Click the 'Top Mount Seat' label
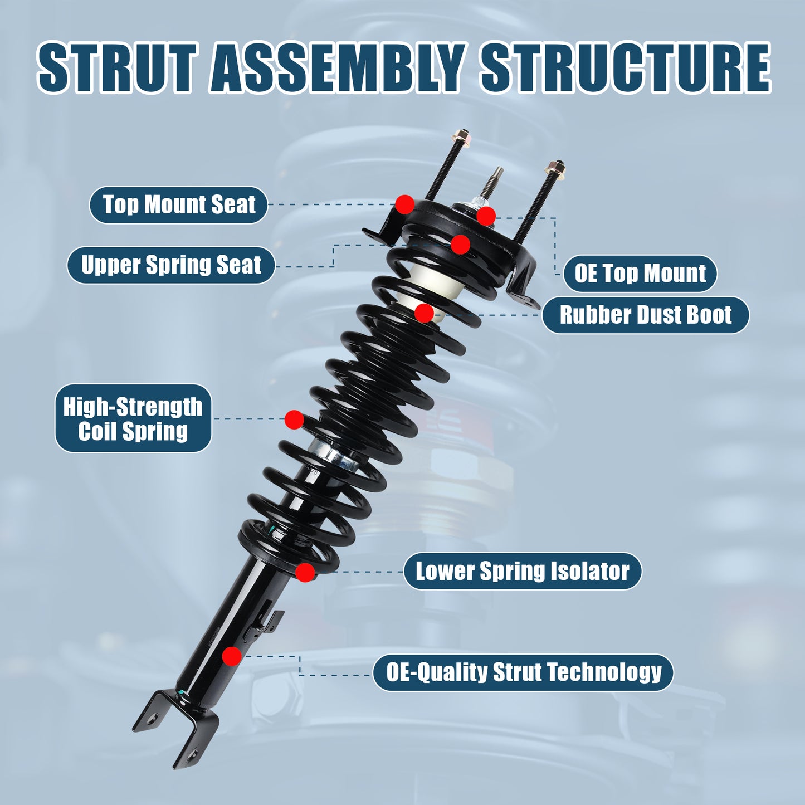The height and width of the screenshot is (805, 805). (178, 205)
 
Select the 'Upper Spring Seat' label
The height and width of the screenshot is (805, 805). (171, 265)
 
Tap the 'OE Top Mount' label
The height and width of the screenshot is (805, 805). (640, 274)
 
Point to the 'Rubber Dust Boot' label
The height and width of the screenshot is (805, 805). (645, 315)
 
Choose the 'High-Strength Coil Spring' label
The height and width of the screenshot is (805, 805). (133, 418)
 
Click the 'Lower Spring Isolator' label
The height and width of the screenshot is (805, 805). (522, 571)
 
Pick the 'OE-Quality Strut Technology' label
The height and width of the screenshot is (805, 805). (523, 672)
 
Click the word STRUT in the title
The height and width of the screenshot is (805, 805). (117, 67)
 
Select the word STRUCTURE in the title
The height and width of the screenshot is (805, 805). (625, 67)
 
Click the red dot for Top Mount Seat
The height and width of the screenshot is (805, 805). (405, 204)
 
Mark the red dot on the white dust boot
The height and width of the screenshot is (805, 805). (425, 313)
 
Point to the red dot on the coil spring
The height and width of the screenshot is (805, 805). (294, 419)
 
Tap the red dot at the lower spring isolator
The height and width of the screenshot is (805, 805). (305, 572)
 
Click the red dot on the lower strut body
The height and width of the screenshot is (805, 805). (232, 656)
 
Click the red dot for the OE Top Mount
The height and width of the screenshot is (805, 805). (486, 216)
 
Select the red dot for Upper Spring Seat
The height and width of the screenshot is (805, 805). (460, 244)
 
